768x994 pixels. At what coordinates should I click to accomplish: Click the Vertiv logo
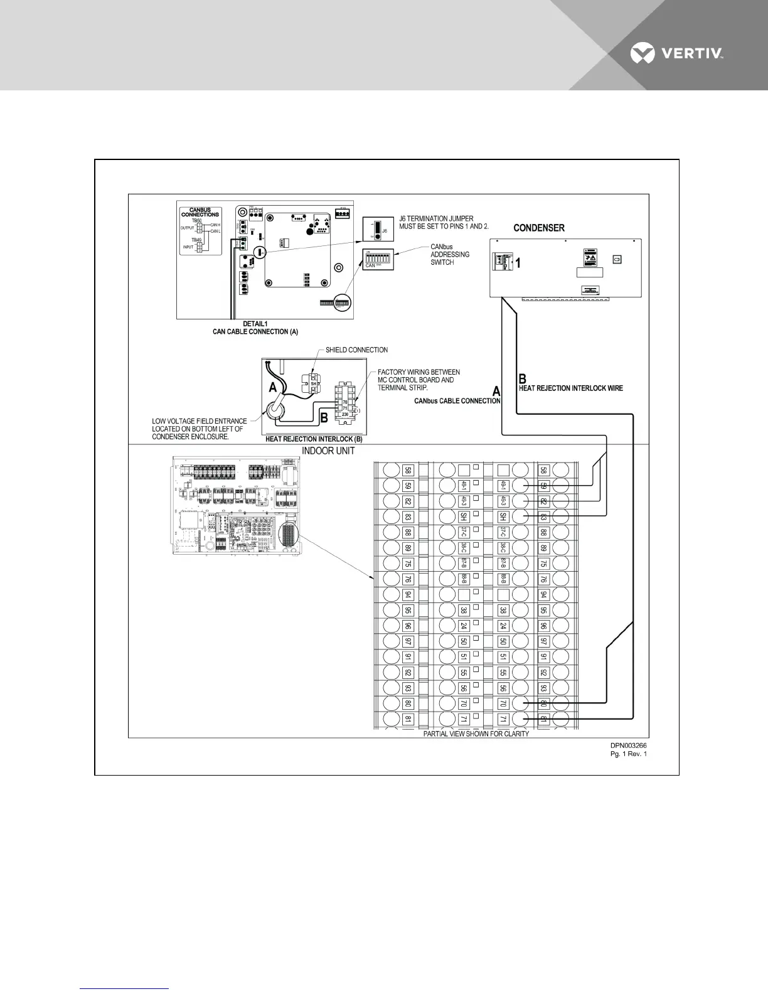pos(677,54)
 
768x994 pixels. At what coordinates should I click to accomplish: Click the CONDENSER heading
pos(539,228)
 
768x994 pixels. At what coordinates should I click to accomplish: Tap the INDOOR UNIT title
pos(328,451)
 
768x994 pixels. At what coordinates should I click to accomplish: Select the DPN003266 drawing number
pos(629,745)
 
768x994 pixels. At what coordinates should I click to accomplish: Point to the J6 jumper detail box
pos(378,230)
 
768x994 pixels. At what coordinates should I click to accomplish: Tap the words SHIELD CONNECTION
pos(356,350)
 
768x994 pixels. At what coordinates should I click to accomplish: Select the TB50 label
pos(196,221)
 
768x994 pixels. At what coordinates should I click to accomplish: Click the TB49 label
pos(196,240)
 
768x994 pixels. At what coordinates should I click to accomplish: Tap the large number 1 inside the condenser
pos(518,264)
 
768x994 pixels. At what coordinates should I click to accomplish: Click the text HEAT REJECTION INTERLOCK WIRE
pos(570,388)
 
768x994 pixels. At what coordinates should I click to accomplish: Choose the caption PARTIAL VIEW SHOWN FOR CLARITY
pos(476,734)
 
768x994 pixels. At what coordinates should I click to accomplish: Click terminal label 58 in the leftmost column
pos(408,470)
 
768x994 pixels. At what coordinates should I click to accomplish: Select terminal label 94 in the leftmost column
pos(408,594)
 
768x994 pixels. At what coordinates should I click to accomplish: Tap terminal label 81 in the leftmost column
pos(408,719)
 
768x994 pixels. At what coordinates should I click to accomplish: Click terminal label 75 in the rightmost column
pos(544,564)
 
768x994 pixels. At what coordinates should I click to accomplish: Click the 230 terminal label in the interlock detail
pos(344,415)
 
